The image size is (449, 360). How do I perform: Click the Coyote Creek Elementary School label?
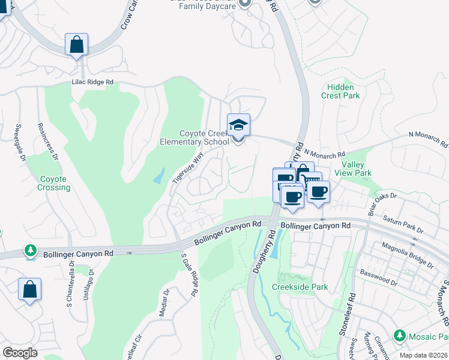point(204,137)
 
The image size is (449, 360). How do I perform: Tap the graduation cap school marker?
point(238,125)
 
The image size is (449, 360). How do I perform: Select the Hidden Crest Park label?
point(340,91)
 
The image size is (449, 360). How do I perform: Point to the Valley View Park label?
point(357,169)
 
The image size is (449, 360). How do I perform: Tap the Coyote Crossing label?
point(55,183)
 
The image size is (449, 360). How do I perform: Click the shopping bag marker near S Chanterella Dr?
point(29,290)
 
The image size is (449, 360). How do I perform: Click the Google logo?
point(20,352)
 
